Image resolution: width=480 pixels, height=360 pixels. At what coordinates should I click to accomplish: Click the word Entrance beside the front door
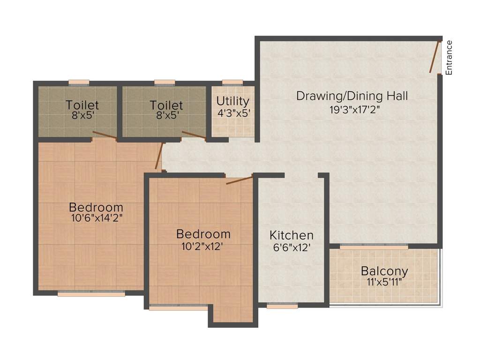coord(449,58)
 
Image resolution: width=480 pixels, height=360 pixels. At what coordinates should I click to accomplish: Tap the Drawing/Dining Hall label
coord(352,96)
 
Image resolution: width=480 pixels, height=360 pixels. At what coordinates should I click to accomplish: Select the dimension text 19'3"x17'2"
coord(354,110)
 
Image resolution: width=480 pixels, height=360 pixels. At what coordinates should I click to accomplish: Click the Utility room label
coord(232,101)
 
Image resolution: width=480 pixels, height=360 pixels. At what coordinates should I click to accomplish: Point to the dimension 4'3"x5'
coord(234,113)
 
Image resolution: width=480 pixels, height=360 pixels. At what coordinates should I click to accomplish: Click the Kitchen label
coord(292,235)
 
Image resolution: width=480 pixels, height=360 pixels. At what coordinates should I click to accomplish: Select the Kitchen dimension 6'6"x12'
coord(292,247)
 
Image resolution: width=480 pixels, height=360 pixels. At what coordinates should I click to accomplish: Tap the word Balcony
coord(384,271)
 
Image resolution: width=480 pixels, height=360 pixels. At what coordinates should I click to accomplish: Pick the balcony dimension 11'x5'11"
coord(384,282)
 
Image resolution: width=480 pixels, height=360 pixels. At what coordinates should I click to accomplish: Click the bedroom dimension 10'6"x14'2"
coord(97,218)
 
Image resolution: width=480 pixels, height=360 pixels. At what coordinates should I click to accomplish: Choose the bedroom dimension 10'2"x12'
coord(202,247)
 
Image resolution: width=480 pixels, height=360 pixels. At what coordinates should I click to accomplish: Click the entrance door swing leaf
coord(435,57)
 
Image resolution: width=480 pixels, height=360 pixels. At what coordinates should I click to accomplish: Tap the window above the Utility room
coord(232,82)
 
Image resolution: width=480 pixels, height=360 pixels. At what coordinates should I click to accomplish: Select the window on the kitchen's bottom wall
coord(282,306)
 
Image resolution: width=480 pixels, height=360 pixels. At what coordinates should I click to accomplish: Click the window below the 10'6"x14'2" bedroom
coord(91,294)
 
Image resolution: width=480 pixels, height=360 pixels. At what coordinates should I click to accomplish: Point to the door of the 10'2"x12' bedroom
coord(240,180)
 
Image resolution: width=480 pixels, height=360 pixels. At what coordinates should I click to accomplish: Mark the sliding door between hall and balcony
coord(374,246)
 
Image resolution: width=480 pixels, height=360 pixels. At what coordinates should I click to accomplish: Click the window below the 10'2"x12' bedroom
coord(178,308)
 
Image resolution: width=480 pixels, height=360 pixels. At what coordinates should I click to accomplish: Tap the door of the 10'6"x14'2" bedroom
coord(158,156)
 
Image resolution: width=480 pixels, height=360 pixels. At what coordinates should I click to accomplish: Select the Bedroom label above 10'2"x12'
coord(203,234)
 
